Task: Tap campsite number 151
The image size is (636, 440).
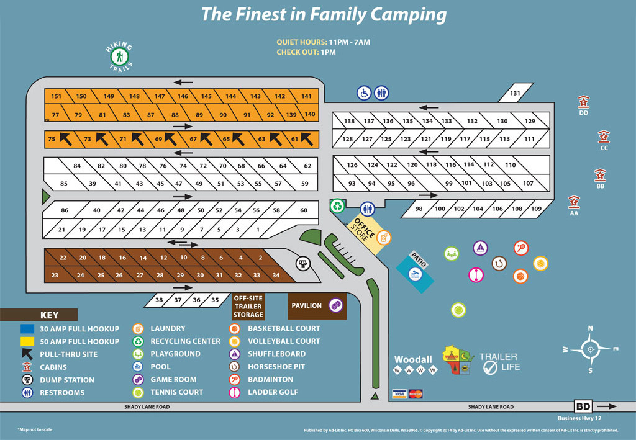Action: tap(57, 96)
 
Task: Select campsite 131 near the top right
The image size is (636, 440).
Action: tap(515, 93)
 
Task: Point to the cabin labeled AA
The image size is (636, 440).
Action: tap(574, 202)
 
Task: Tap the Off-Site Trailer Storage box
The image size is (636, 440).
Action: tap(248, 306)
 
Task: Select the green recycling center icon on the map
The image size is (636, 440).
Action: tap(337, 205)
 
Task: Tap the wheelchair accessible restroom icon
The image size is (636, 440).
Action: tap(363, 92)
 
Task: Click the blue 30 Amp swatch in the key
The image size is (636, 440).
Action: tap(28, 329)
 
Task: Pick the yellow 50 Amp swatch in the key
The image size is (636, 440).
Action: tap(28, 341)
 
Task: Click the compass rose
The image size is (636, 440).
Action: tap(589, 348)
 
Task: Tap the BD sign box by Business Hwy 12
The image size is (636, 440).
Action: tap(583, 406)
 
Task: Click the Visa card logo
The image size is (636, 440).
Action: tap(399, 393)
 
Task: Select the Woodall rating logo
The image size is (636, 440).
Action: tap(413, 364)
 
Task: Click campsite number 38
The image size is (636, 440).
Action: tap(159, 300)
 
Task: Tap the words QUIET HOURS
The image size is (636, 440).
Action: tap(302, 42)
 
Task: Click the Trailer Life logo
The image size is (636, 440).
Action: tap(498, 362)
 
